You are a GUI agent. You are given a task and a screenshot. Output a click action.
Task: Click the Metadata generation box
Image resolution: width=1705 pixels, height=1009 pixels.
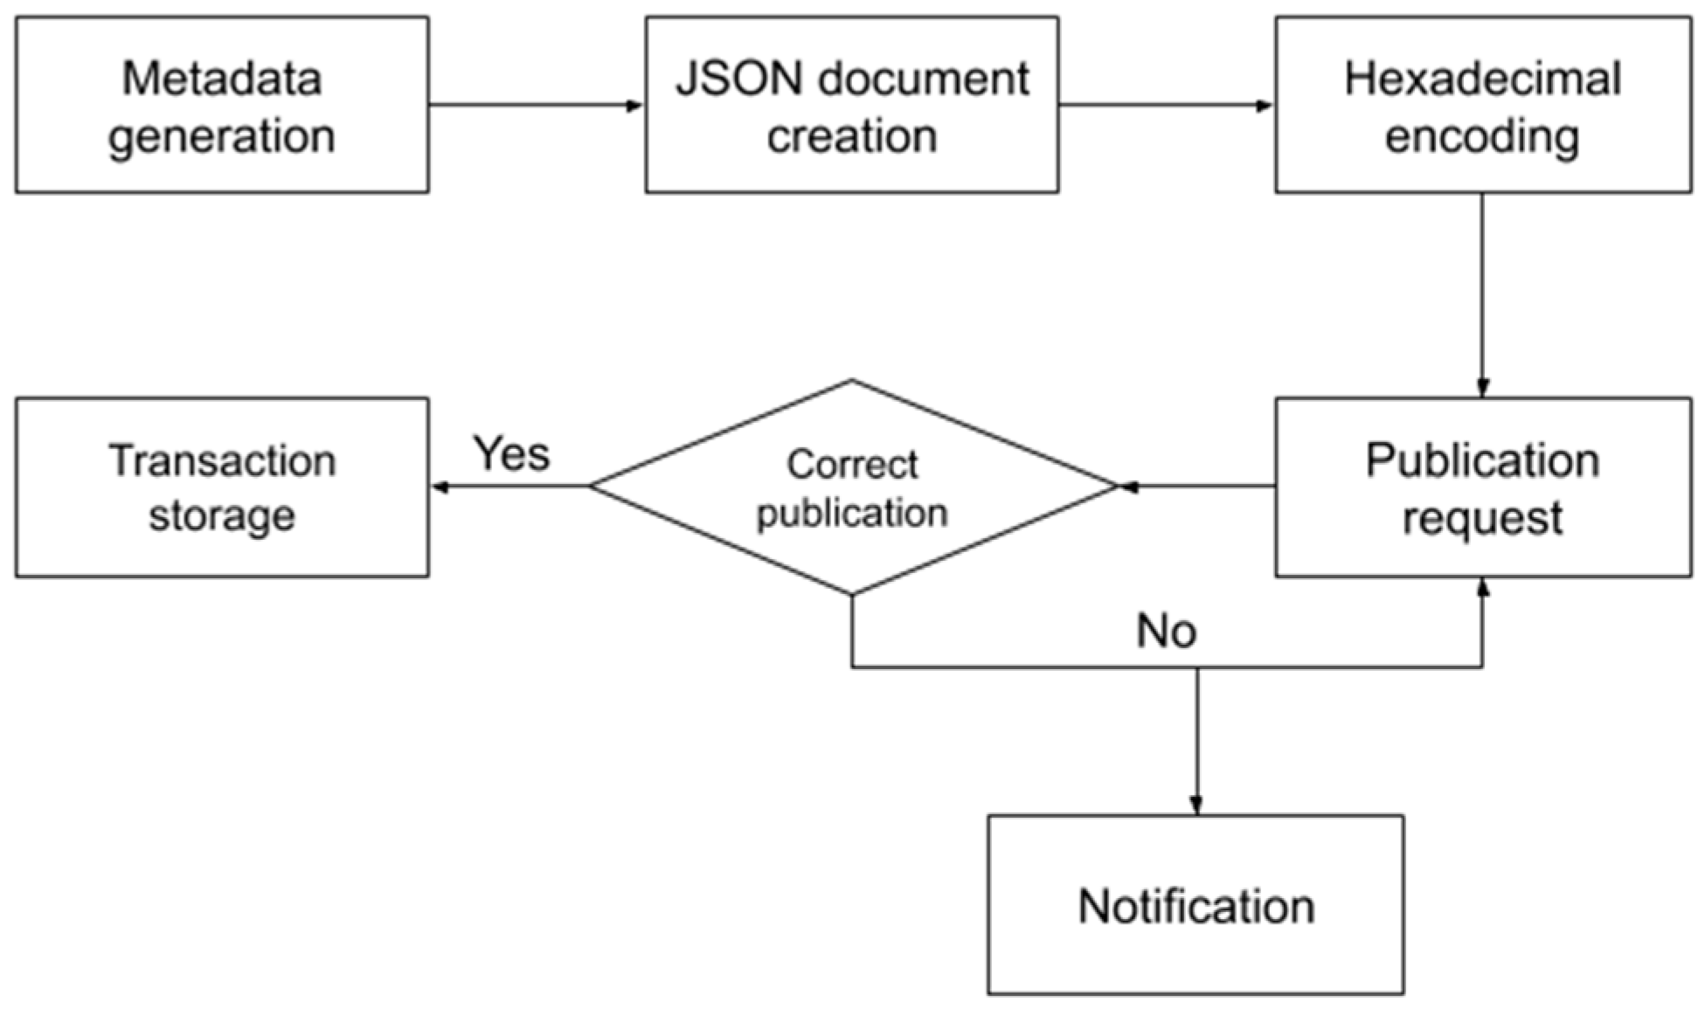coord(222,105)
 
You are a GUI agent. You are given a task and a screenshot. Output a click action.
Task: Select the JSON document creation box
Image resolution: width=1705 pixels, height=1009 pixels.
coord(852,105)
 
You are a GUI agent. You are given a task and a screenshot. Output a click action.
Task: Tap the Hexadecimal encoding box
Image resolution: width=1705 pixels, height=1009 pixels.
coord(1483,105)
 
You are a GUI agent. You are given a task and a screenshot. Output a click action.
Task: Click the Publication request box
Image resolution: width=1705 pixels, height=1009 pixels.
coord(1483,487)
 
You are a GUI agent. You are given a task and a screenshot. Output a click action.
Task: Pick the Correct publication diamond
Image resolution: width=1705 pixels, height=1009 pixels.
coord(852,487)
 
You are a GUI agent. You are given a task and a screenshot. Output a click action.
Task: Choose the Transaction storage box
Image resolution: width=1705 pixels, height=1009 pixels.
coord(222,487)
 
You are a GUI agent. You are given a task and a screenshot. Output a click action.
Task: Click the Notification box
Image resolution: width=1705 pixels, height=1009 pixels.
coord(1196,905)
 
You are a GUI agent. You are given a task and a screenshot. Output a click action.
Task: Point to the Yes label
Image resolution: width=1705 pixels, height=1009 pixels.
coord(511,453)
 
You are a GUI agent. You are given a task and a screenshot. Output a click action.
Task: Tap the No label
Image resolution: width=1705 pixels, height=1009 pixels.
coord(1166,631)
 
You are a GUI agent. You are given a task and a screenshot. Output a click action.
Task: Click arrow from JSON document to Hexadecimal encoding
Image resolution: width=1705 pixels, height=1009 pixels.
coord(1166,106)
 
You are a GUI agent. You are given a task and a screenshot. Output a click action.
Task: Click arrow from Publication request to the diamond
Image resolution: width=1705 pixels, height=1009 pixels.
coord(1197,487)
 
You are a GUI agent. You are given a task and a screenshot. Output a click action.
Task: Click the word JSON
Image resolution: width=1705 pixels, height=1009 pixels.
coord(739,79)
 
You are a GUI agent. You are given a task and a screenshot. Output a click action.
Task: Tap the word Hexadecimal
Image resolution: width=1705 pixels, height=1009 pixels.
coord(1483,79)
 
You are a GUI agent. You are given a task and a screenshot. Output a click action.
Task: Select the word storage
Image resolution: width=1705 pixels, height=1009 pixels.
coord(222,515)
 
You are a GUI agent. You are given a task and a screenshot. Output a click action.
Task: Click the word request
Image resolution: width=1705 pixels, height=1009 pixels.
coord(1483,518)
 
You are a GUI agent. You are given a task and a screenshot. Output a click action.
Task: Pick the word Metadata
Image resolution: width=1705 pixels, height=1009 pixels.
coord(222,79)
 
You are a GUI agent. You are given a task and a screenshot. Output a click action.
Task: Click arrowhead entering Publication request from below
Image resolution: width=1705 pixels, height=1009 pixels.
coord(1482,587)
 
